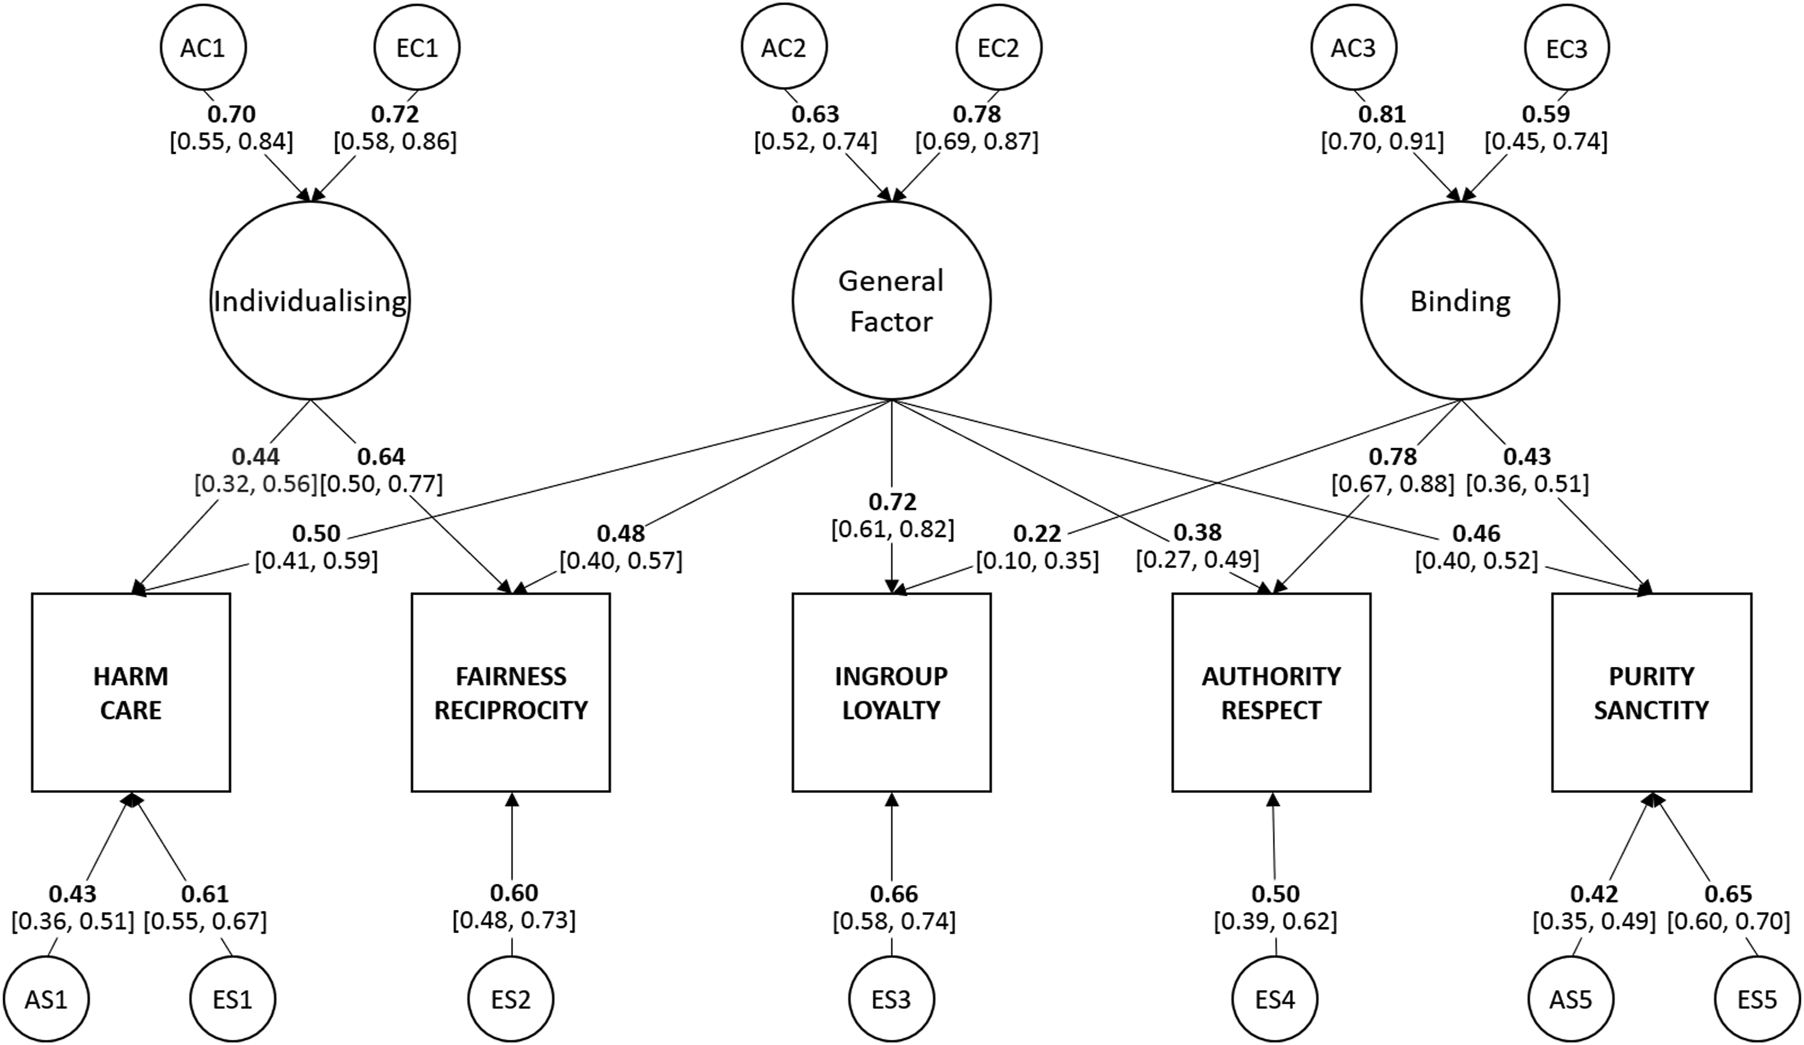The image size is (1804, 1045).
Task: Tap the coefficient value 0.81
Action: coord(1382,115)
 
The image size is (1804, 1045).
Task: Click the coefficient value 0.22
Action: coord(1037,534)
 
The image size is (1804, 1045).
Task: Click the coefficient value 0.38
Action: coord(1198,532)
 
